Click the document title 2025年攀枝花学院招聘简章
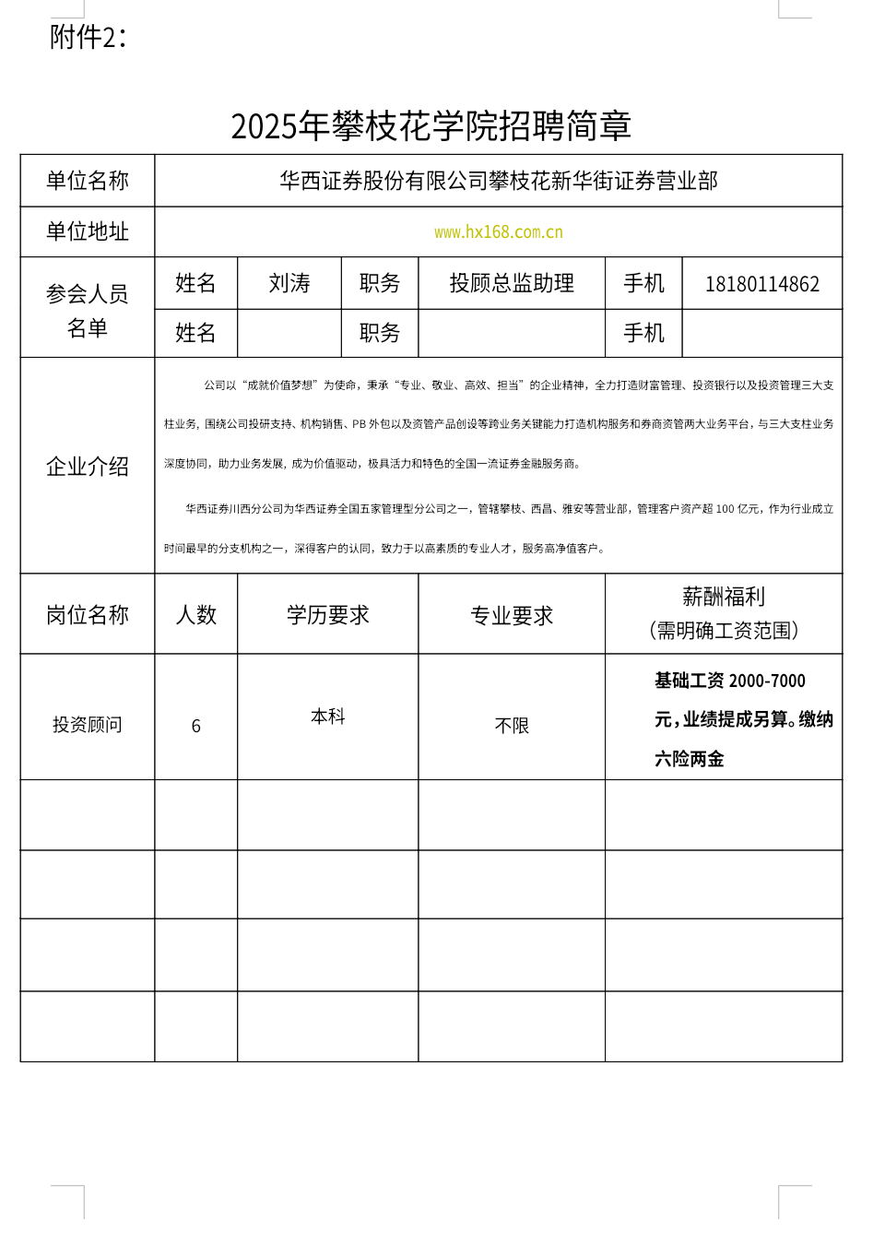(x=431, y=126)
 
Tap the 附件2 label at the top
(x=88, y=37)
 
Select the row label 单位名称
(x=88, y=181)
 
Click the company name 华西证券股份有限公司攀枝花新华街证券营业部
(x=499, y=181)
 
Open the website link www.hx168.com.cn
(x=499, y=232)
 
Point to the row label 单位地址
(x=88, y=231)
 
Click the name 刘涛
(x=289, y=283)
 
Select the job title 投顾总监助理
(x=512, y=283)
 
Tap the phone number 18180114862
(x=762, y=284)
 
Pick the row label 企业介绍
(x=88, y=467)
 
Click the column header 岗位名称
(x=88, y=615)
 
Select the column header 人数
(x=196, y=615)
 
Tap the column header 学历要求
(x=328, y=615)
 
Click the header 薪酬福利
(x=724, y=598)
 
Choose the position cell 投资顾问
(x=88, y=725)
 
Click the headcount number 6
(x=196, y=727)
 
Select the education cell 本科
(x=328, y=717)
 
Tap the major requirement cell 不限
(x=512, y=727)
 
